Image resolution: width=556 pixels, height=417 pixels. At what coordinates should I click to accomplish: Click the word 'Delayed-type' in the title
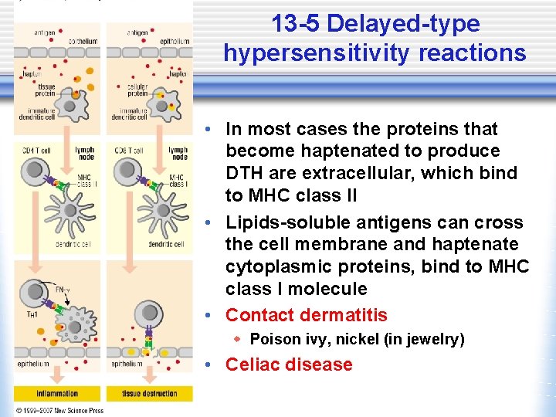[403, 24]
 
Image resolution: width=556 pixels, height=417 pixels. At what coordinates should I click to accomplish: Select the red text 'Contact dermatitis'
[306, 315]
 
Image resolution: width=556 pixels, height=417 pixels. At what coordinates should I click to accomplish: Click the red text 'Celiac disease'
[288, 364]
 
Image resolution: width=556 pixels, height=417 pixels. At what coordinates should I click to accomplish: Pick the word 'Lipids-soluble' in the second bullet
[283, 222]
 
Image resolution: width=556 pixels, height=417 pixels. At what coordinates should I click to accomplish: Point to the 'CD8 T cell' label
[128, 150]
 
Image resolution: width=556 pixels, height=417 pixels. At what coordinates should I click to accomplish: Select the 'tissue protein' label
[45, 91]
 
